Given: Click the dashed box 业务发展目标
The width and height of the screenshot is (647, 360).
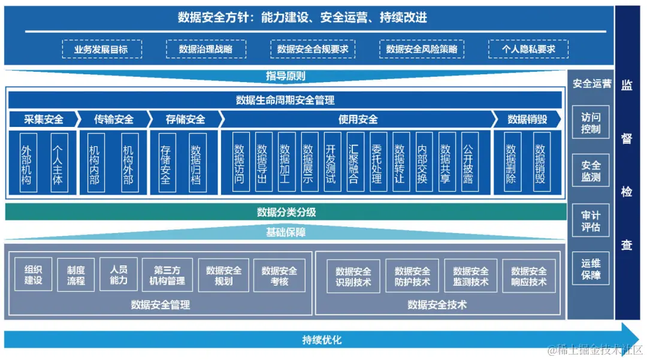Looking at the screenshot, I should click(101, 50).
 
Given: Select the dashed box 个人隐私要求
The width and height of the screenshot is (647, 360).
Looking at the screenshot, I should click(528, 50).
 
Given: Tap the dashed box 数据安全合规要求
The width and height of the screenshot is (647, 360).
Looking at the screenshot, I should click(313, 50).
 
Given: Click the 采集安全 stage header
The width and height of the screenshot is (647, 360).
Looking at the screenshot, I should click(43, 119).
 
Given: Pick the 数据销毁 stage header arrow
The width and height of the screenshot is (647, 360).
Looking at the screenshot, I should click(527, 119).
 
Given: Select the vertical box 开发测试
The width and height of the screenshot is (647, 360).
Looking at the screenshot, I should click(331, 162).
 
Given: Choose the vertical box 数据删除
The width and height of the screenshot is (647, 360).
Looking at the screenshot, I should click(511, 162).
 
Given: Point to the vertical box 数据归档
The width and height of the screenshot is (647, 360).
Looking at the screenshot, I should click(196, 162).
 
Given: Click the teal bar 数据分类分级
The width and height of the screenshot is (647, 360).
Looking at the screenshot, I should click(286, 212).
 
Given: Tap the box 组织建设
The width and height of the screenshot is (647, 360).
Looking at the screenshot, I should click(34, 276).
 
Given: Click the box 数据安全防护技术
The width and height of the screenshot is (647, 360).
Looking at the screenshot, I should click(412, 276).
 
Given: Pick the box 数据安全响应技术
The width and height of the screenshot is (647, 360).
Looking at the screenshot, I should click(528, 276).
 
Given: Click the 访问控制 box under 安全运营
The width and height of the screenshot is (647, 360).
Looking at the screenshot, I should click(591, 123).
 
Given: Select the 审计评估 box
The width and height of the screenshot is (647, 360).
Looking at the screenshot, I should click(591, 221).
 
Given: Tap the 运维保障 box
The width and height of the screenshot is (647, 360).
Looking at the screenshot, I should click(591, 269).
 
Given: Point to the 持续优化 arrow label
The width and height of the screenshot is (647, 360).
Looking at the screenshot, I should click(322, 340).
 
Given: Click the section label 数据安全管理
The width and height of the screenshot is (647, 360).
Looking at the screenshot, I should click(161, 305).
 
